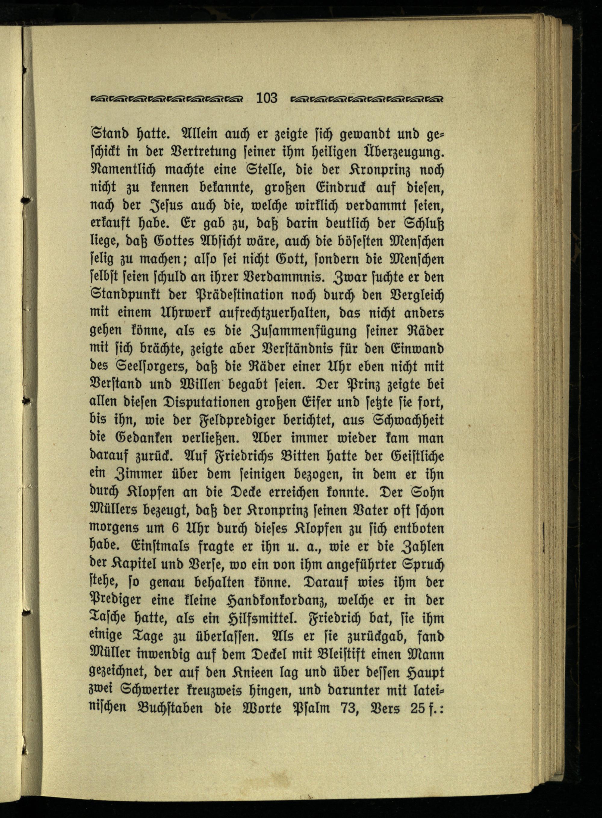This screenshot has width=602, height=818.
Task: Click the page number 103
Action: [x=267, y=98]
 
